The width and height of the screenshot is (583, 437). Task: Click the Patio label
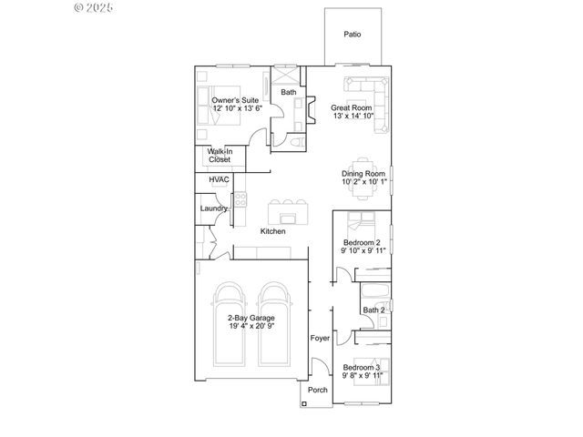coord(352,35)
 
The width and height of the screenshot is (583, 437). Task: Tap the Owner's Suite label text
coord(236,99)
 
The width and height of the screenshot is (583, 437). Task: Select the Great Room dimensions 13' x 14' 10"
coord(353,116)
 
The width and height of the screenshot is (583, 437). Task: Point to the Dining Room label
coord(363,173)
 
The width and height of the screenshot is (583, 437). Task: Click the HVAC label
coord(219,180)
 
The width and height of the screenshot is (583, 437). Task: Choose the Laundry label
coord(215,208)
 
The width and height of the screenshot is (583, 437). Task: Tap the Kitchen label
coord(272,231)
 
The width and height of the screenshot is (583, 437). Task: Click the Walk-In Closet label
coord(220,156)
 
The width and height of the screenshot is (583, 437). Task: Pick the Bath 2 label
coord(374,310)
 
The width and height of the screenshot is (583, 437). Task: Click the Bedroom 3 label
coord(363,367)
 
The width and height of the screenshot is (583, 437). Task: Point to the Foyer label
coord(320,338)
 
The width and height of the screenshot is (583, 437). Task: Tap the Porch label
coord(317,391)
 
